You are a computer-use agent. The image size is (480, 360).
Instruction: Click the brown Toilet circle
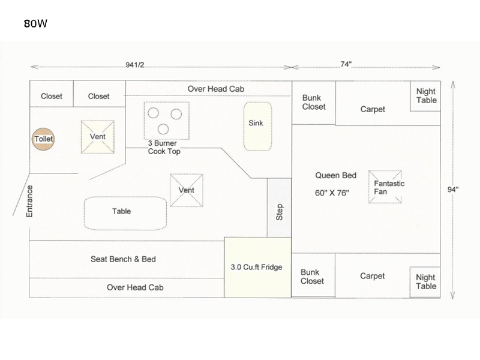click(x=44, y=139)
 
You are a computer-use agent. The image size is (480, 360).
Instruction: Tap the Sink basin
click(x=257, y=126)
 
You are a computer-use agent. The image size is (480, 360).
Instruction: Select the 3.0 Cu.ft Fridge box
click(x=256, y=267)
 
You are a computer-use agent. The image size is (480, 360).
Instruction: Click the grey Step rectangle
click(x=279, y=211)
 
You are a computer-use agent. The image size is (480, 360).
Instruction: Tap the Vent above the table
click(x=186, y=190)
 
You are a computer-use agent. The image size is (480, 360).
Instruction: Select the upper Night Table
click(x=426, y=96)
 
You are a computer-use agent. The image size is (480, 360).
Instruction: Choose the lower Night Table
click(x=426, y=282)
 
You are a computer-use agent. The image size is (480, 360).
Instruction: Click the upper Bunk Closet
click(x=313, y=103)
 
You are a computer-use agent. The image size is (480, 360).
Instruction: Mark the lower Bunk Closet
click(x=313, y=277)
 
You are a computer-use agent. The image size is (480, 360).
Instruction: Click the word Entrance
click(x=29, y=201)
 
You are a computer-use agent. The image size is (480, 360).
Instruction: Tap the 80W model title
click(x=36, y=25)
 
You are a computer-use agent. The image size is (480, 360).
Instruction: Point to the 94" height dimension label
click(x=453, y=190)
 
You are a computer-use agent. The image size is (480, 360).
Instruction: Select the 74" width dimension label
click(x=346, y=65)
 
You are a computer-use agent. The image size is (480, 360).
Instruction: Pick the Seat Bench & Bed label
click(x=123, y=259)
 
